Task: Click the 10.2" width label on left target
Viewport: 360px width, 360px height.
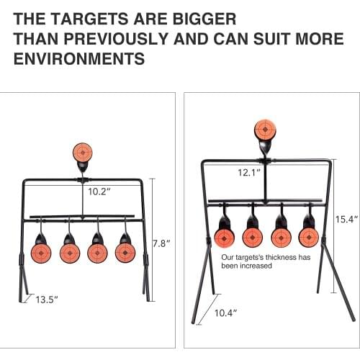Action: point(99,192)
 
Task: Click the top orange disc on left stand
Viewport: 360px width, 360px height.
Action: point(83,152)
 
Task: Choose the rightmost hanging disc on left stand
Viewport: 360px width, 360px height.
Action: point(125,252)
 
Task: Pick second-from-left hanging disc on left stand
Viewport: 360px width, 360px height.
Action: point(70,252)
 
